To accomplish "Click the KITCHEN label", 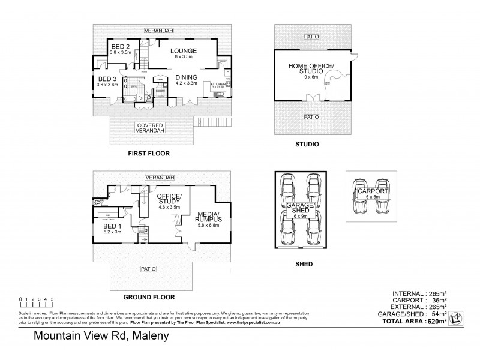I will click(x=218, y=84).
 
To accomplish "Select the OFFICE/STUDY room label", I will click(x=169, y=200).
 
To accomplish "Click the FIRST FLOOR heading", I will click(x=149, y=154).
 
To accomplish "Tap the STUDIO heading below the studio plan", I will click(x=307, y=145).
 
